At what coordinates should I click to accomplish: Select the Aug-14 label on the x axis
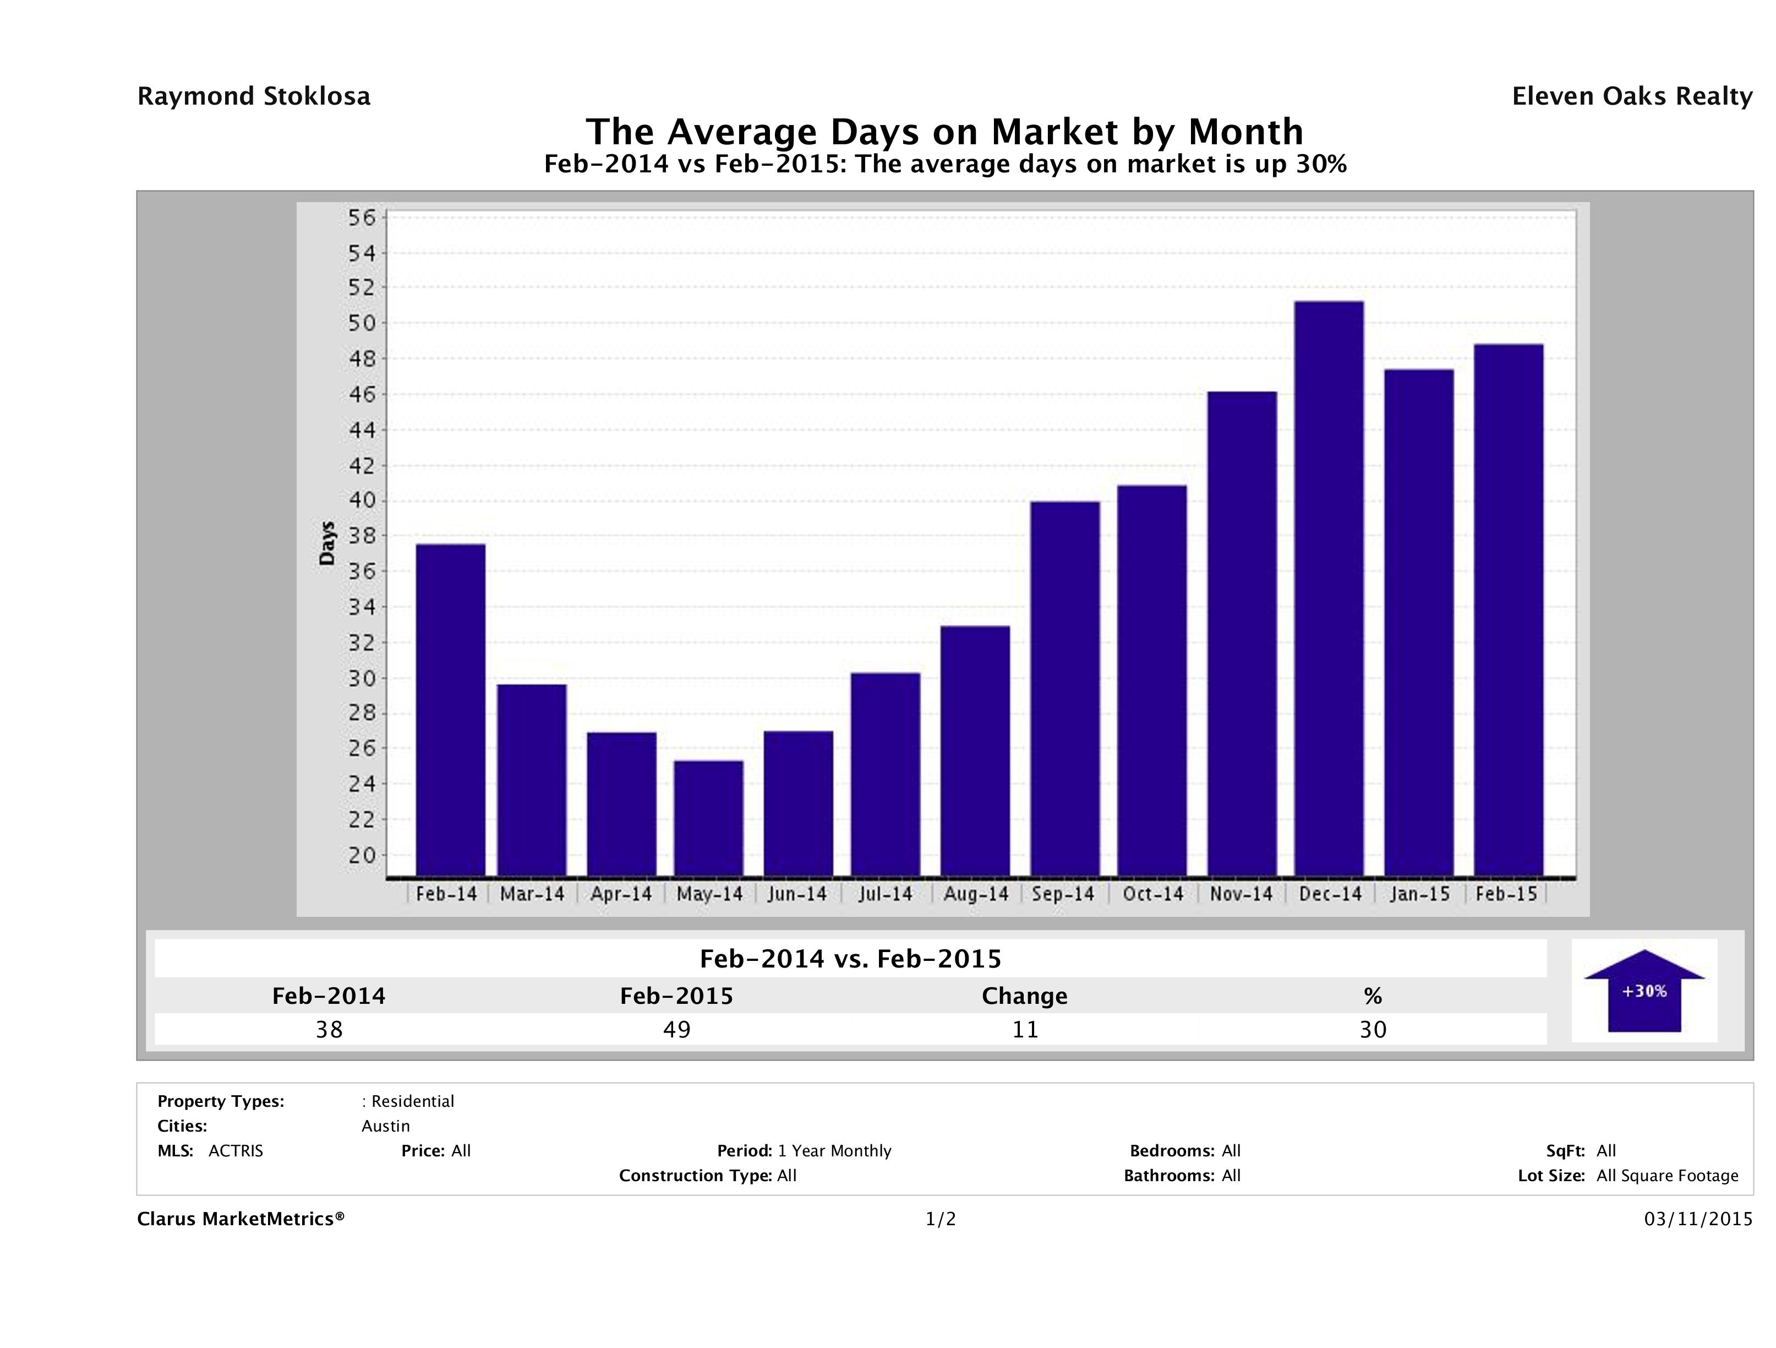click(976, 894)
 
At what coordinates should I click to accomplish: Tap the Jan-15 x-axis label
click(1419, 894)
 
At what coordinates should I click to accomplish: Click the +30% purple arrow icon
click(1643, 993)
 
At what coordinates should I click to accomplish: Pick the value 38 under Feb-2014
click(329, 1029)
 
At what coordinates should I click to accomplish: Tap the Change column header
click(1025, 996)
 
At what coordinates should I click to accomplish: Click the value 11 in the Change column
click(1025, 1029)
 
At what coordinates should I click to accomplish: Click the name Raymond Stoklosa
click(254, 96)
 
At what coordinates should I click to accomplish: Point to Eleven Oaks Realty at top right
click(1631, 96)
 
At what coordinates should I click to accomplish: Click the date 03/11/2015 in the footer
click(1698, 1220)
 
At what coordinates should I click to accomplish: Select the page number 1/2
click(940, 1220)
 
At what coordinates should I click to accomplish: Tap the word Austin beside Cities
click(385, 1126)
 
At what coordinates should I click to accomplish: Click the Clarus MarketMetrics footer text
click(241, 1220)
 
